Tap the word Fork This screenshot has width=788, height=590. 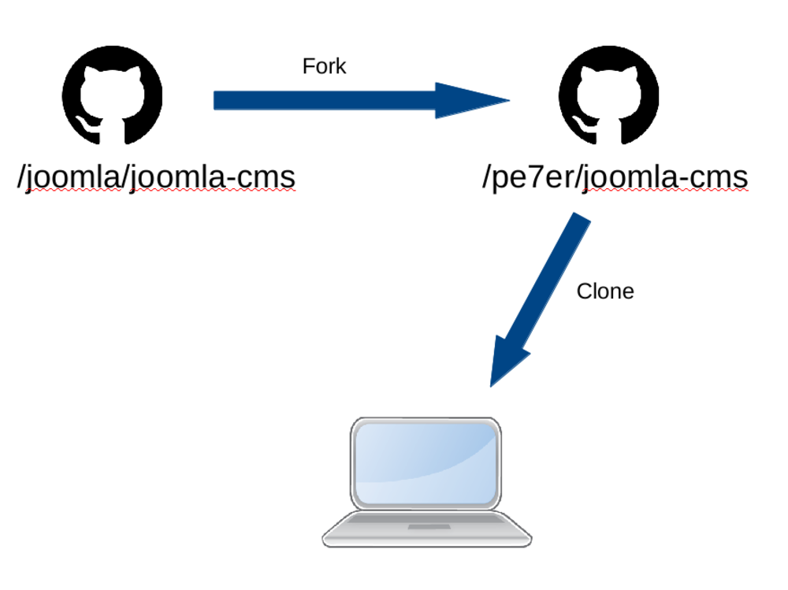point(324,66)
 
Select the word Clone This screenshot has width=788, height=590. point(605,291)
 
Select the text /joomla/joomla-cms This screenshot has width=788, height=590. point(156,178)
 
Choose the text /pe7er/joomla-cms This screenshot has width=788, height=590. point(615,178)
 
